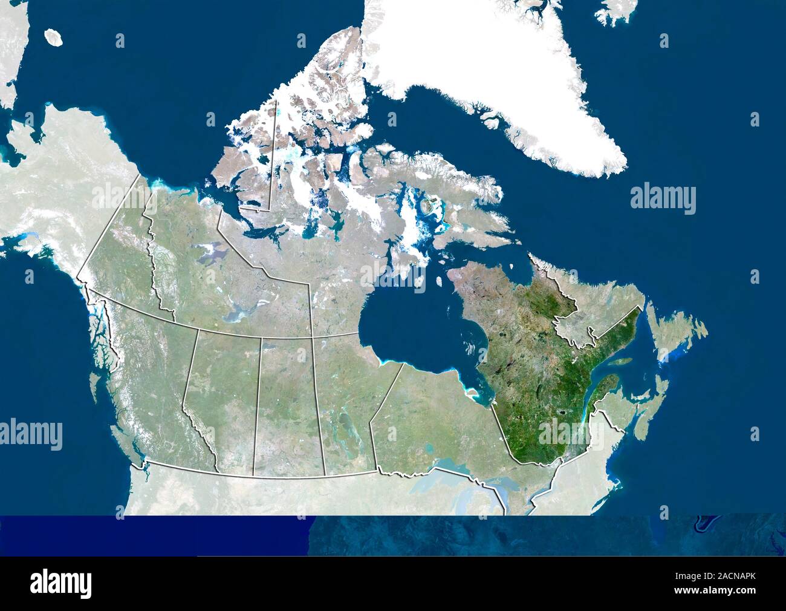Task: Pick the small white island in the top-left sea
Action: pos(55,38)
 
